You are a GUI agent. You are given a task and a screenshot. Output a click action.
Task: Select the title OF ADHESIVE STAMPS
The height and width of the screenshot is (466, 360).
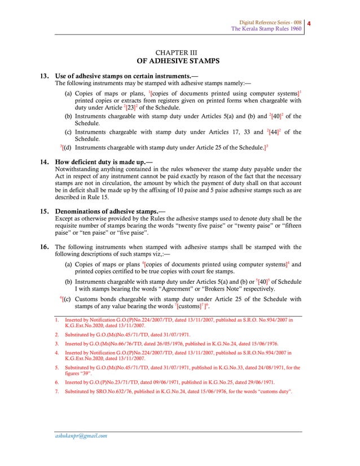(178, 61)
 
